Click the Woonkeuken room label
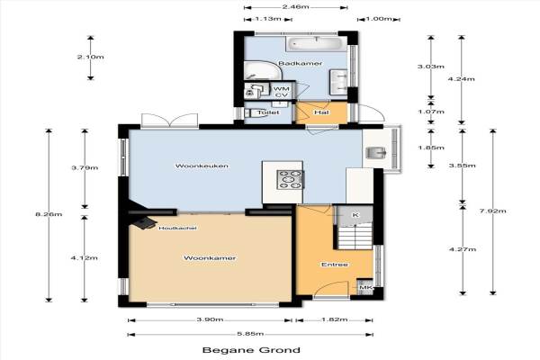pos(202,166)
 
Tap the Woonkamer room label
pos(210,258)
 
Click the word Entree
pos(335,265)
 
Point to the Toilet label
pos(268,112)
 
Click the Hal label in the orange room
pos(321,112)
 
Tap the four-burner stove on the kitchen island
pos(291,179)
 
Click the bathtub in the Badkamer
pos(317,44)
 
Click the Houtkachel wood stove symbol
pos(144,222)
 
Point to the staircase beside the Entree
pos(355,236)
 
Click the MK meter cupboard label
pos(365,287)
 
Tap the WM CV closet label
pos(282,92)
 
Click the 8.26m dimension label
pos(49,214)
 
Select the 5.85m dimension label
pos(250,334)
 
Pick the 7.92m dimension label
pos(493,211)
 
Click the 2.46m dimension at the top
pos(295,7)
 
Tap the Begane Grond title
pos(251,350)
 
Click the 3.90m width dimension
pos(210,319)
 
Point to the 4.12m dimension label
pos(84,257)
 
